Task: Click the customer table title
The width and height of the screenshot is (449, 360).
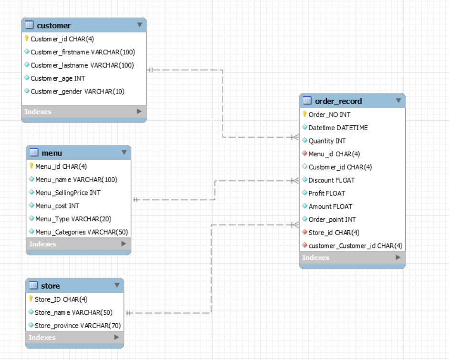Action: click(53, 25)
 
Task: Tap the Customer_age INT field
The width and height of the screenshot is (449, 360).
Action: click(58, 78)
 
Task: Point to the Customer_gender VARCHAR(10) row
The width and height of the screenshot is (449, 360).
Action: click(77, 92)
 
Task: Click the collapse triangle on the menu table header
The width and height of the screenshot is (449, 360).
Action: click(124, 153)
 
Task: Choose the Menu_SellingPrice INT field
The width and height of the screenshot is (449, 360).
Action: click(68, 193)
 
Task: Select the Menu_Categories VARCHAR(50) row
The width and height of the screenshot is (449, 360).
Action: click(81, 232)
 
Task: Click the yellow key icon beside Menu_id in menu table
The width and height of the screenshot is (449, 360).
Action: click(31, 166)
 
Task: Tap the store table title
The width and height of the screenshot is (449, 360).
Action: click(50, 286)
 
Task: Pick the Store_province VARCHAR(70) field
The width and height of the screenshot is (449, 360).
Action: click(77, 326)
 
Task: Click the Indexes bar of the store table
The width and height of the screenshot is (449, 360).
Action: click(74, 338)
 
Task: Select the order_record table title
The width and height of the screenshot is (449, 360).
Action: click(338, 101)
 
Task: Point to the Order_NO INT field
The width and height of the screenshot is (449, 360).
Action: click(329, 114)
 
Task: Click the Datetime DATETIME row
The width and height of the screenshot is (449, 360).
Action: click(338, 128)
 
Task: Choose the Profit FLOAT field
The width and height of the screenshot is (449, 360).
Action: click(326, 193)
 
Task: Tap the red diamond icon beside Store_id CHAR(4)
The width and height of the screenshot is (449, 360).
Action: click(304, 233)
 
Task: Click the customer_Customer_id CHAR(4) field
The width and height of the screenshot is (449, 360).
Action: click(355, 246)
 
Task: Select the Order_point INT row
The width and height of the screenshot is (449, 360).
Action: click(332, 219)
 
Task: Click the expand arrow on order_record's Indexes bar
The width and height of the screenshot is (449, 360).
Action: click(398, 257)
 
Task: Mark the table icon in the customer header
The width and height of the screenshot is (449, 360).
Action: click(29, 25)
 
